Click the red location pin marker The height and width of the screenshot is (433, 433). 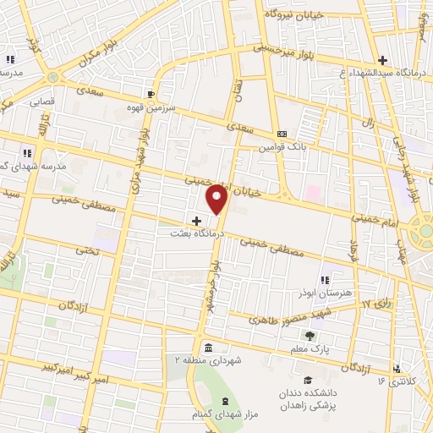[217, 198]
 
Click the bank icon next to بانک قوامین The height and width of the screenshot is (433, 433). [282, 134]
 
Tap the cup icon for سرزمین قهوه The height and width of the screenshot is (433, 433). [151, 93]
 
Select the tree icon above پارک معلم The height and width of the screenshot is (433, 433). [309, 336]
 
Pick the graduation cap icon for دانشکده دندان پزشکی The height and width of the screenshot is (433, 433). [309, 380]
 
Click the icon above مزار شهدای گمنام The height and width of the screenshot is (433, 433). [224, 401]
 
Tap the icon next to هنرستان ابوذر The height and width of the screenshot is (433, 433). [324, 279]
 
